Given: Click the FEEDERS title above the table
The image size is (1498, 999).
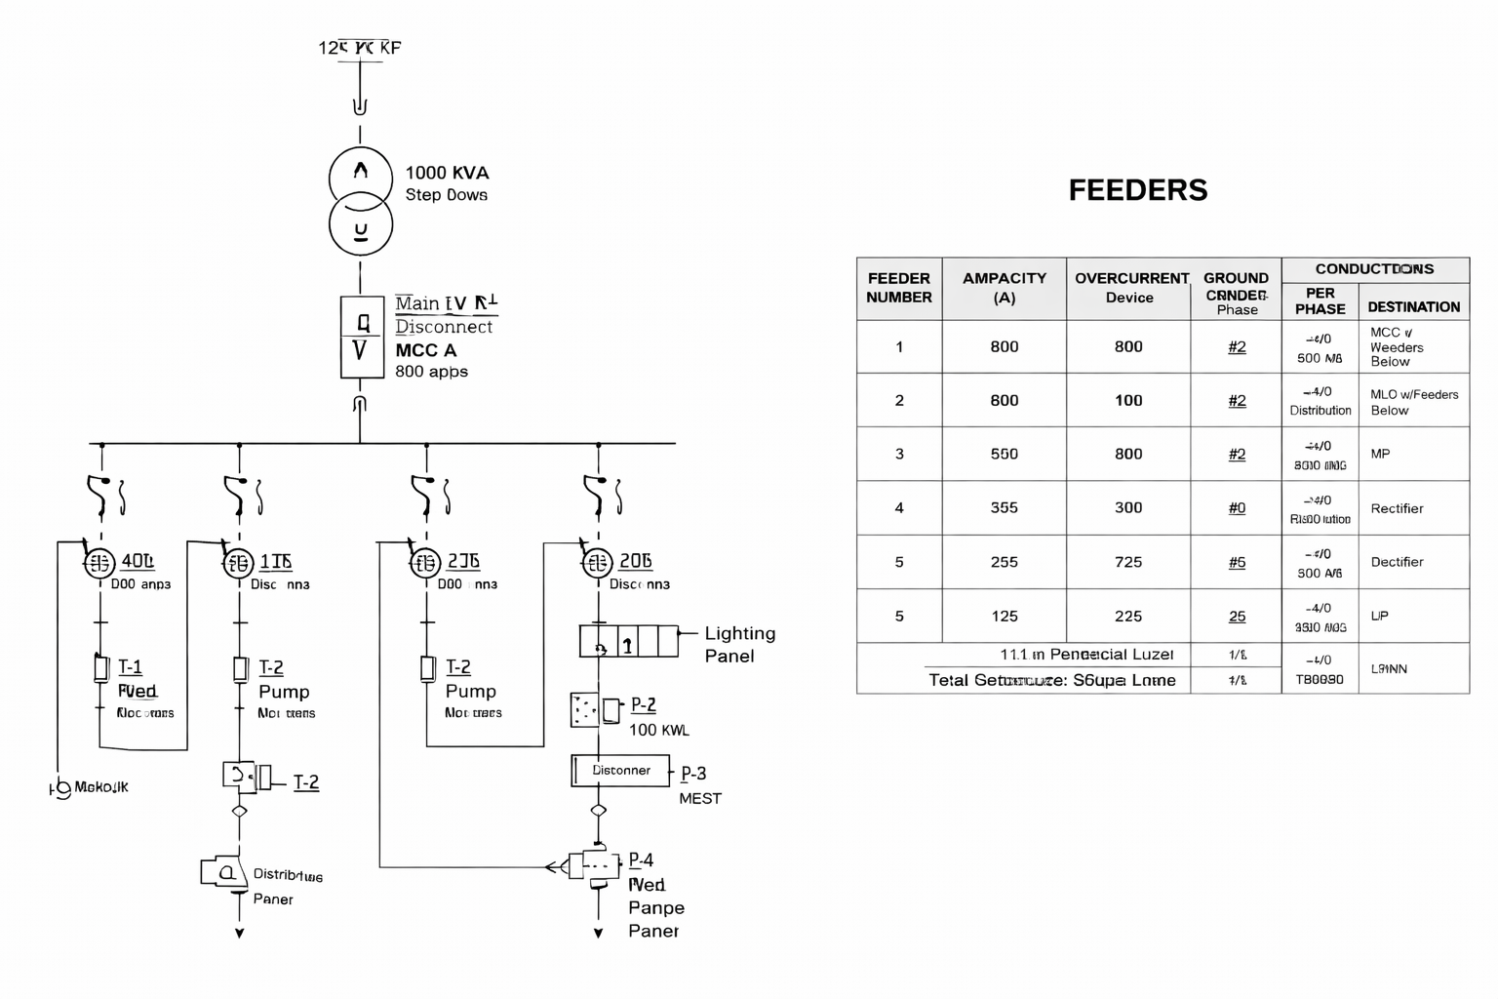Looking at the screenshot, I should coord(1137,190).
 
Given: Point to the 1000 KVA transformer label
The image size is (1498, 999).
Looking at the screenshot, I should coord(447,174).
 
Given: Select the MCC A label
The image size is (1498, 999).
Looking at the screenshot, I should coord(425,350).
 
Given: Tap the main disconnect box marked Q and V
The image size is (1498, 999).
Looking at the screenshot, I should coord(361,337).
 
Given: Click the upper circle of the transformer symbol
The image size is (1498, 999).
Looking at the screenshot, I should coord(361,176).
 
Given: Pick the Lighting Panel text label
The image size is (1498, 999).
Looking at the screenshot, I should coord(739,645).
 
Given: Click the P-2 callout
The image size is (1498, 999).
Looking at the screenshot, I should coord(643,704).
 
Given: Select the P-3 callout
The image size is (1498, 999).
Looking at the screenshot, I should coord(693,774).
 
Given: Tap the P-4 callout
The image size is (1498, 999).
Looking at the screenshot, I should coord(641,860).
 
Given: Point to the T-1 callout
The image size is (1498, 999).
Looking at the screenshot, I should coord(130,667).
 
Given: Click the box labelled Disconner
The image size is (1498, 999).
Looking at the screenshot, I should coord(621,771).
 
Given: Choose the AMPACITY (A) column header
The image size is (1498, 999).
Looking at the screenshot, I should coord(1004,288).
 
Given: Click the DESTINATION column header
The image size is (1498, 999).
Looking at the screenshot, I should coord(1413,307).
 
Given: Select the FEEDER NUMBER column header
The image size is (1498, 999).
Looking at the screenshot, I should coord(898,288).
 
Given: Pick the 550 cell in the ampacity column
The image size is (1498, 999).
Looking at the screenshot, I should coord(1004,454).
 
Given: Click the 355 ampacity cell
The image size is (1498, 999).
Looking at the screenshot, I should coord(1004,507).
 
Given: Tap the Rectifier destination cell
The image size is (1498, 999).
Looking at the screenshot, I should coord(1397,508).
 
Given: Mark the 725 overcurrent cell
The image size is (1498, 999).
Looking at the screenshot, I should coord(1128,562).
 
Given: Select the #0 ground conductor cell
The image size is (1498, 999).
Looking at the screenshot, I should coord(1237,507).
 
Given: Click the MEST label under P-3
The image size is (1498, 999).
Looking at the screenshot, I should coord(700,798).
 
